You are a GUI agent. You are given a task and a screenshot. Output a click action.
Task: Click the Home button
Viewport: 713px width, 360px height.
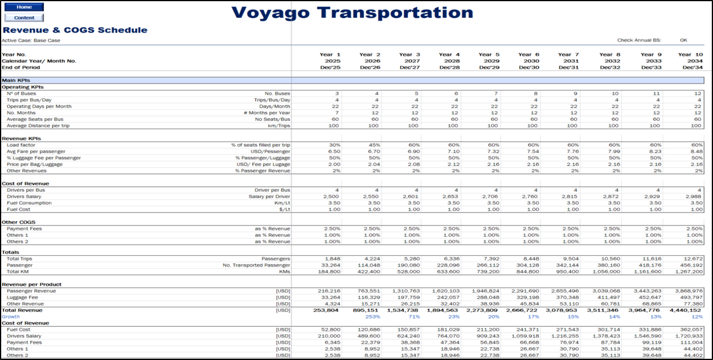click(x=24, y=7)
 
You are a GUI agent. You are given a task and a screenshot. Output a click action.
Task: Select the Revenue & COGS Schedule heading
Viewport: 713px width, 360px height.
click(x=75, y=30)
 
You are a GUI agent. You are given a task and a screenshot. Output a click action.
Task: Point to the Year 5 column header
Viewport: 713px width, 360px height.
click(x=489, y=54)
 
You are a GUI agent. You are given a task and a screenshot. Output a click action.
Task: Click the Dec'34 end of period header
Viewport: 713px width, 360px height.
click(x=691, y=67)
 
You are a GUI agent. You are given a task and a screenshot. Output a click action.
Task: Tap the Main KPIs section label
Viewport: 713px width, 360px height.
click(x=16, y=80)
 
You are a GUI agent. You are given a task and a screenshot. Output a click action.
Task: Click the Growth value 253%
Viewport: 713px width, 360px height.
click(x=372, y=317)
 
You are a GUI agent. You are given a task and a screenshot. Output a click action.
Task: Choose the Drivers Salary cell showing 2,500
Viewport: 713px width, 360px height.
click(x=330, y=196)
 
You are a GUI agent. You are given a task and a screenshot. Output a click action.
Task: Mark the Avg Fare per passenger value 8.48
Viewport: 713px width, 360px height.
click(x=695, y=151)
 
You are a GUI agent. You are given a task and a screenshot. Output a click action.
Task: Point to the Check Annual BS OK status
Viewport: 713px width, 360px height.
click(x=683, y=40)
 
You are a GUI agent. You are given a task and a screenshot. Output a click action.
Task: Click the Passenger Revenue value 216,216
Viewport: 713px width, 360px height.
click(x=328, y=291)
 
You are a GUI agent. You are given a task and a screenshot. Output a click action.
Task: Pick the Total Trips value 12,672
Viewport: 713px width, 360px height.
click(x=691, y=259)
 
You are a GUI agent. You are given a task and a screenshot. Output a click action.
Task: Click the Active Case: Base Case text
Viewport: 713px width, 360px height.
click(x=31, y=40)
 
